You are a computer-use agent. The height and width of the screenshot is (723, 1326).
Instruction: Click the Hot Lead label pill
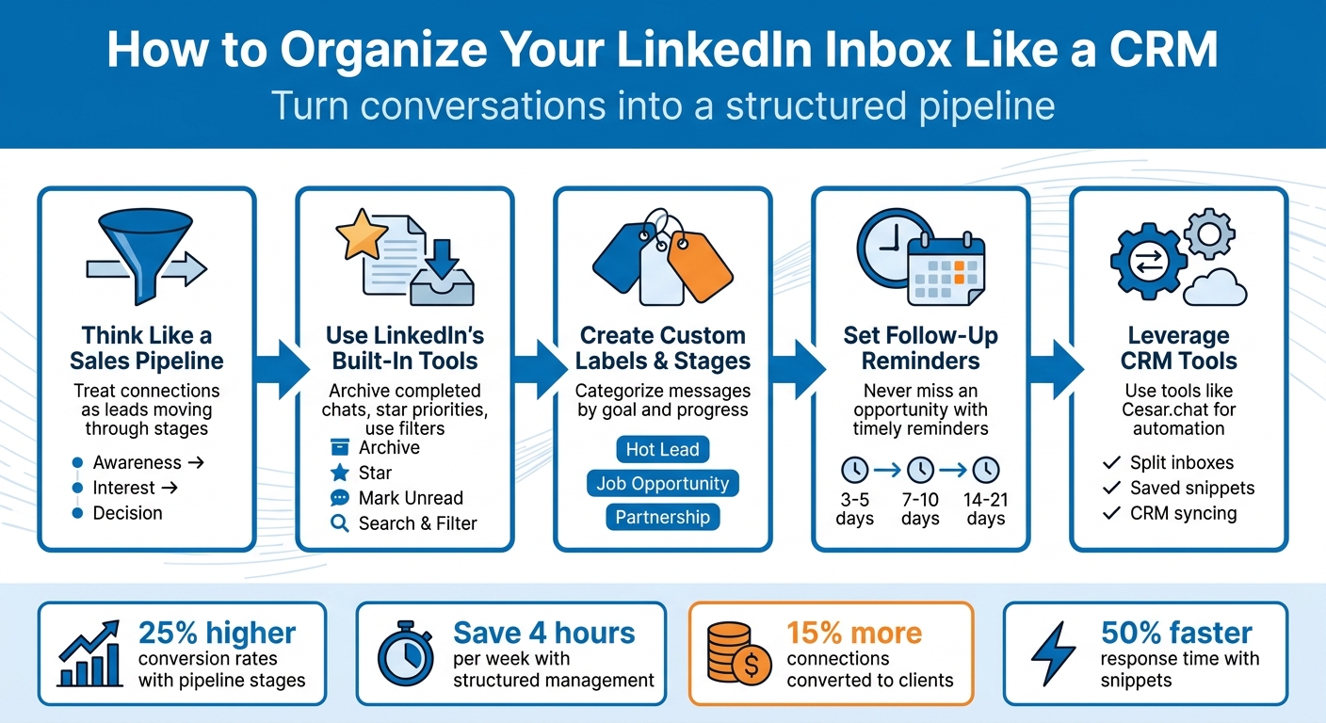coord(662,449)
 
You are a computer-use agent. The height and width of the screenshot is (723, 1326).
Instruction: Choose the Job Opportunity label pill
coord(662,484)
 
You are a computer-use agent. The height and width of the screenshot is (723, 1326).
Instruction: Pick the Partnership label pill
coord(662,518)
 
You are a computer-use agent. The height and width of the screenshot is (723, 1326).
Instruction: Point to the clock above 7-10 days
coord(919,469)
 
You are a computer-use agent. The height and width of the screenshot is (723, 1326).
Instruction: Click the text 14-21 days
coord(985,508)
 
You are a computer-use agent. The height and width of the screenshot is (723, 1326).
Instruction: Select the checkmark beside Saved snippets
coord(1111,489)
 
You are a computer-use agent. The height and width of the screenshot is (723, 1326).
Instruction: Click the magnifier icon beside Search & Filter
coord(340,523)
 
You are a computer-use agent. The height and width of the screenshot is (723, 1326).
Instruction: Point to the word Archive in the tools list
coord(389,448)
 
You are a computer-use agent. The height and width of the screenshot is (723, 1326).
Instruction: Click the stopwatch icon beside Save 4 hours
coord(406,653)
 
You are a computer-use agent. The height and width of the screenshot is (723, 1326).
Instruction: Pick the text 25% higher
coord(217,633)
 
